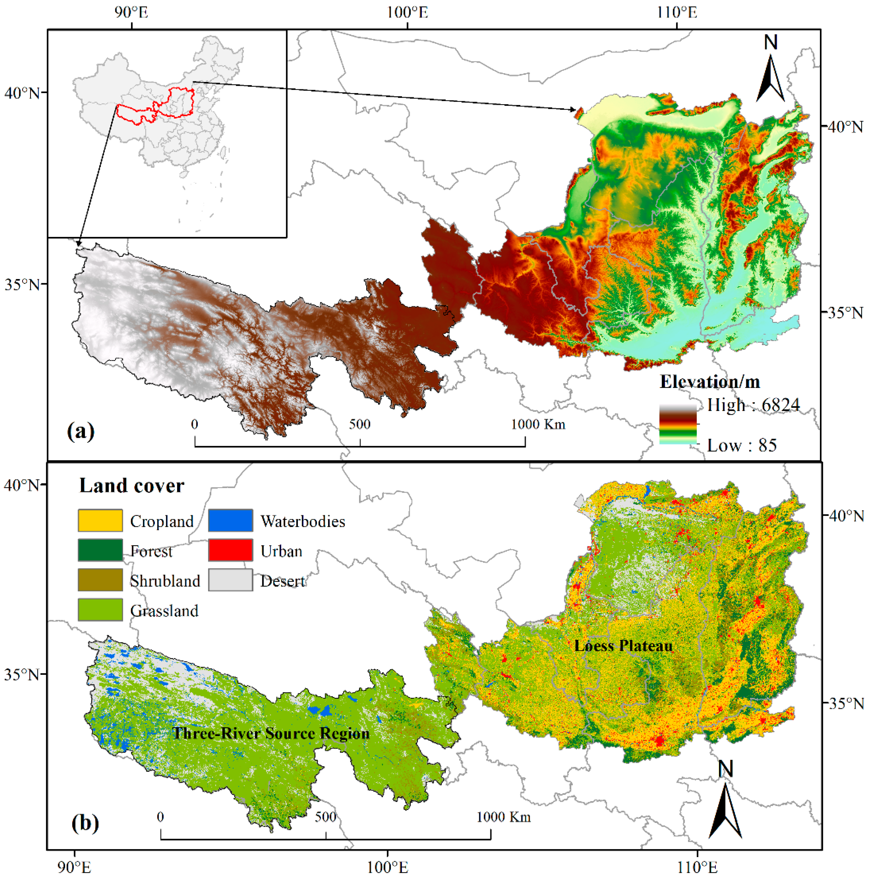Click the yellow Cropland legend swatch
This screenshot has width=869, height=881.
pyautogui.click(x=100, y=520)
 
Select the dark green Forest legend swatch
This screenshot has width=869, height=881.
pyautogui.click(x=100, y=550)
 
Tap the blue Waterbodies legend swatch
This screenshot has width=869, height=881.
pyautogui.click(x=230, y=520)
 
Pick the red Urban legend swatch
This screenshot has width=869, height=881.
pyautogui.click(x=230, y=550)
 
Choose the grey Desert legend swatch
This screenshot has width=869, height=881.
pyautogui.click(x=230, y=580)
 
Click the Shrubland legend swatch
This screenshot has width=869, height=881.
pyautogui.click(x=100, y=580)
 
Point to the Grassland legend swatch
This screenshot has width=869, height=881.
pyautogui.click(x=100, y=610)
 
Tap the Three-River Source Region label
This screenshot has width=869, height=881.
pyautogui.click(x=271, y=734)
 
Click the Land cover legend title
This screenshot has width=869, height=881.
pyautogui.click(x=132, y=486)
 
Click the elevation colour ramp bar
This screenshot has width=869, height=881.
pyautogui.click(x=678, y=424)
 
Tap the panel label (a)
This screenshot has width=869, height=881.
pyautogui.click(x=81, y=431)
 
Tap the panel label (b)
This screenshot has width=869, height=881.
pyautogui.click(x=85, y=823)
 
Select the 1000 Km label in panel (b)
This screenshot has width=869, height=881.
pyautogui.click(x=503, y=817)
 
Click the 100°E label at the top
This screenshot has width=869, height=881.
pyautogui.click(x=407, y=12)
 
